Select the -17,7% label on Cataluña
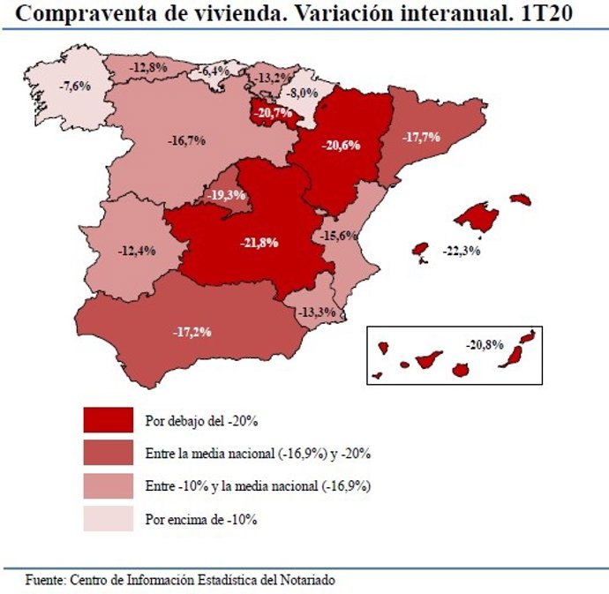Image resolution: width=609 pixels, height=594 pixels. pyautogui.click(x=421, y=138)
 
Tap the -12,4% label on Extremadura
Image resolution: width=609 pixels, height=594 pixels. pyautogui.click(x=136, y=251)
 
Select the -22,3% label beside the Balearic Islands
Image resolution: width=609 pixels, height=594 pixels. pyautogui.click(x=462, y=252)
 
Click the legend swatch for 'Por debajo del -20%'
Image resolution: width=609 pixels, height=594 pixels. pyautogui.click(x=108, y=419)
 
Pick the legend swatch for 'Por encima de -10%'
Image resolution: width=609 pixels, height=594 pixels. pyautogui.click(x=108, y=519)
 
